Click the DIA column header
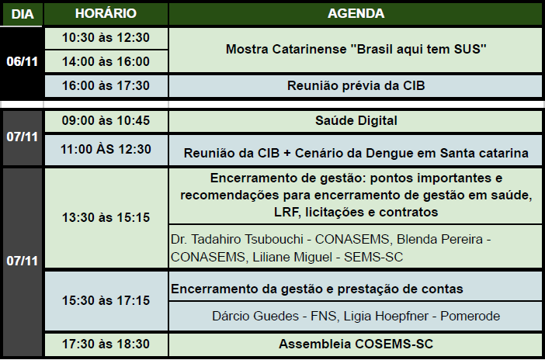23,14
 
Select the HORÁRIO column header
106,13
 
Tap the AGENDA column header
356,13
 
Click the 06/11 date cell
22,61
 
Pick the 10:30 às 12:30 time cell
106,37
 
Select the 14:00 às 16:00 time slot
106,61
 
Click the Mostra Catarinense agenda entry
356,50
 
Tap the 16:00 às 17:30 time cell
106,85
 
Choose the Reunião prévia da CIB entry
356,85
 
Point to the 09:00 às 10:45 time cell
106,120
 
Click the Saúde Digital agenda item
356,120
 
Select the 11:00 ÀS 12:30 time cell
106,150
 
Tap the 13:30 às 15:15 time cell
106,217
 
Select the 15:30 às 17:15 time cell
106,300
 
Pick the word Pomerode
470,317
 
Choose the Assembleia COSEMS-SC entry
356,344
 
